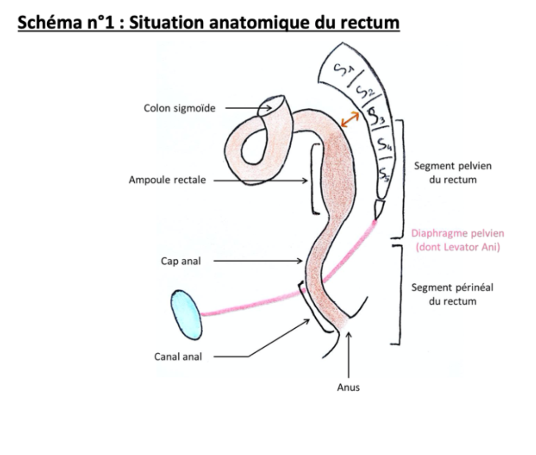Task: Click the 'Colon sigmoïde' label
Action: coord(179,108)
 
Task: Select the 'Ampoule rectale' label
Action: coord(167,180)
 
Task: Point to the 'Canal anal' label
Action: coord(178,357)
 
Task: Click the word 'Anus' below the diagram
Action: coord(349,387)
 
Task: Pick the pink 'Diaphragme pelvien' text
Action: coord(457,233)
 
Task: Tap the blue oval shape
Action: coord(187,314)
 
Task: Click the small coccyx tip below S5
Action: coord(380,208)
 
